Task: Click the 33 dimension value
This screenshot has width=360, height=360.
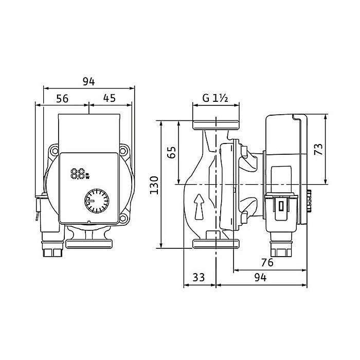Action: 199,277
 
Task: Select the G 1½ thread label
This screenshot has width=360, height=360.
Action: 214,98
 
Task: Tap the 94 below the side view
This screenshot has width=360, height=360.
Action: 260,277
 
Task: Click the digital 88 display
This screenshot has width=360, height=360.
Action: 79,174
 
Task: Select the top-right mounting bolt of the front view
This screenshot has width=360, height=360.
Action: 124,151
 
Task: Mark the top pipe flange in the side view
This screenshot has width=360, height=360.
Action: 215,125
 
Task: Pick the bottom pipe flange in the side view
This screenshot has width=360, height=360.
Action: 215,244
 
